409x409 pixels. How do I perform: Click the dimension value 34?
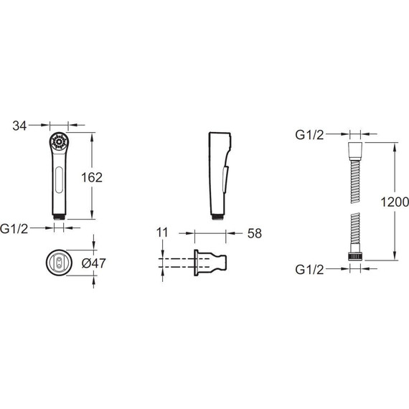[19, 126]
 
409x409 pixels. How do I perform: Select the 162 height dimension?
[92, 178]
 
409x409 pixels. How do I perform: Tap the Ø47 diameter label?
[94, 263]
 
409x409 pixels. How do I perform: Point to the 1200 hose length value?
[395, 202]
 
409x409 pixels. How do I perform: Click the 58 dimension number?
[255, 233]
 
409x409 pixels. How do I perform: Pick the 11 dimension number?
[162, 232]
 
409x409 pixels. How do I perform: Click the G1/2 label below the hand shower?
[14, 229]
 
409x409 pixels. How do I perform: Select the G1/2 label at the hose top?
[309, 135]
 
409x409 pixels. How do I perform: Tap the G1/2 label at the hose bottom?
[309, 270]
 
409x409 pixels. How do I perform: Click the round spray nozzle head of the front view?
[59, 142]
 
